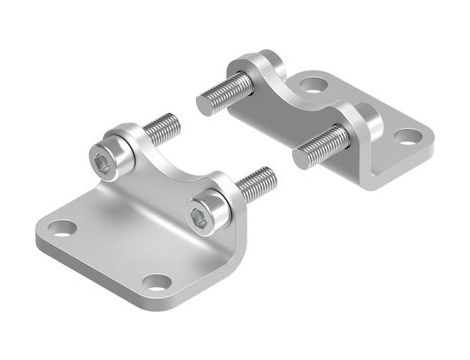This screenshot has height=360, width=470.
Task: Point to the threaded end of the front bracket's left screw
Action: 164,128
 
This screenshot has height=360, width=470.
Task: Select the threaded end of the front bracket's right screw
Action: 258,183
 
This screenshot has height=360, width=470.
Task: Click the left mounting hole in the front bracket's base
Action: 63,228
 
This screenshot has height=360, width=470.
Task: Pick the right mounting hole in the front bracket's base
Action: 155,281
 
